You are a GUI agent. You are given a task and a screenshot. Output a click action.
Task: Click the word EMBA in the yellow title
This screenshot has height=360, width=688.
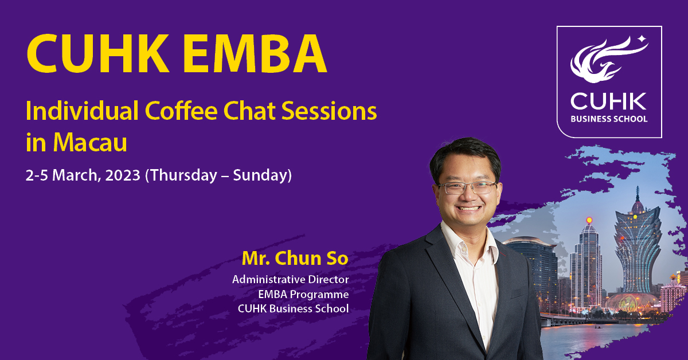click(255, 53)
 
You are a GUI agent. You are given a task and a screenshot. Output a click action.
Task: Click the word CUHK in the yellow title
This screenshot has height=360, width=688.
click(98, 53)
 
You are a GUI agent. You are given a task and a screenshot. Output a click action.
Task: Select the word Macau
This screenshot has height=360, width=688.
click(90, 142)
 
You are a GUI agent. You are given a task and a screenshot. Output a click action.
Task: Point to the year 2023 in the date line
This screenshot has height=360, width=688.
click(123, 175)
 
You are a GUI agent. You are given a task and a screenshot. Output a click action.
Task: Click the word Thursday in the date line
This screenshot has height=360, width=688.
click(181, 175)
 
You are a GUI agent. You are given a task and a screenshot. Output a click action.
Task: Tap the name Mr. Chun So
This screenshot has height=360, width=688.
click(295, 258)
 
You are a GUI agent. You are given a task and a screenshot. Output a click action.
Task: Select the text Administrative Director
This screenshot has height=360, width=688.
click(291, 280)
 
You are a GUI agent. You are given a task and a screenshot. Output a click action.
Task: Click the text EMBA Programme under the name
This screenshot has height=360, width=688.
click(303, 294)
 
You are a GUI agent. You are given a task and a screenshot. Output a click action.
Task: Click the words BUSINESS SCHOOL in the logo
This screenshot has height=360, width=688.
click(609, 119)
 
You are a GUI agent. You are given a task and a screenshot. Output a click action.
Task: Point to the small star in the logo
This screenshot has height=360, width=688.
click(642, 39)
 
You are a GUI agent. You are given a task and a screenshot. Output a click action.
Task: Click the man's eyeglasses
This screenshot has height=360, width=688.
click(467, 187)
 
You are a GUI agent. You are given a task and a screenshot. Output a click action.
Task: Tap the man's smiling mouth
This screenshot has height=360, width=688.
click(469, 208)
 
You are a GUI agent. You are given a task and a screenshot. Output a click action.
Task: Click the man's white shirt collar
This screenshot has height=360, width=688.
click(470, 242)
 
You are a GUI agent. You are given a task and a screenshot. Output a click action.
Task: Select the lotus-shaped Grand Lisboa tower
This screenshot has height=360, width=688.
click(638, 246)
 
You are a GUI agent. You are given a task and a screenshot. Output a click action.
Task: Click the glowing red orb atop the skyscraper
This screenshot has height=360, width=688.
click(589, 220)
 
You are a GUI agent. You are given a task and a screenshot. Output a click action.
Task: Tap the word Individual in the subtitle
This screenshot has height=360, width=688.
click(82, 111)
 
